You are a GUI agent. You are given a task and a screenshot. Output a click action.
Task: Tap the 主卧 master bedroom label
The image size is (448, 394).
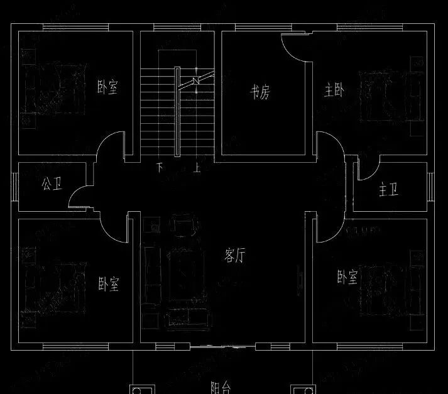point(334,92)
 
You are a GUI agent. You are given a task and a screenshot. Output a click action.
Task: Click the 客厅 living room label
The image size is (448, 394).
point(234,256)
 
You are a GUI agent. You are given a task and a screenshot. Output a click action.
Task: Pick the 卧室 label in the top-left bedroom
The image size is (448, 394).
point(107,87)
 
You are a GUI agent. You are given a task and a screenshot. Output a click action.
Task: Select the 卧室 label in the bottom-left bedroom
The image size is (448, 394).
point(108,284)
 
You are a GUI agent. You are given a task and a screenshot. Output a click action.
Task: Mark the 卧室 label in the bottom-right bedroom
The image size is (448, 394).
point(347,276)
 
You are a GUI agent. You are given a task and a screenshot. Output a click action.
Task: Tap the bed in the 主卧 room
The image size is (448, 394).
point(383,94)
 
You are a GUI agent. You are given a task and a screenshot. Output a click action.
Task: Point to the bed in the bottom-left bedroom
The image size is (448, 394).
point(53,286)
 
